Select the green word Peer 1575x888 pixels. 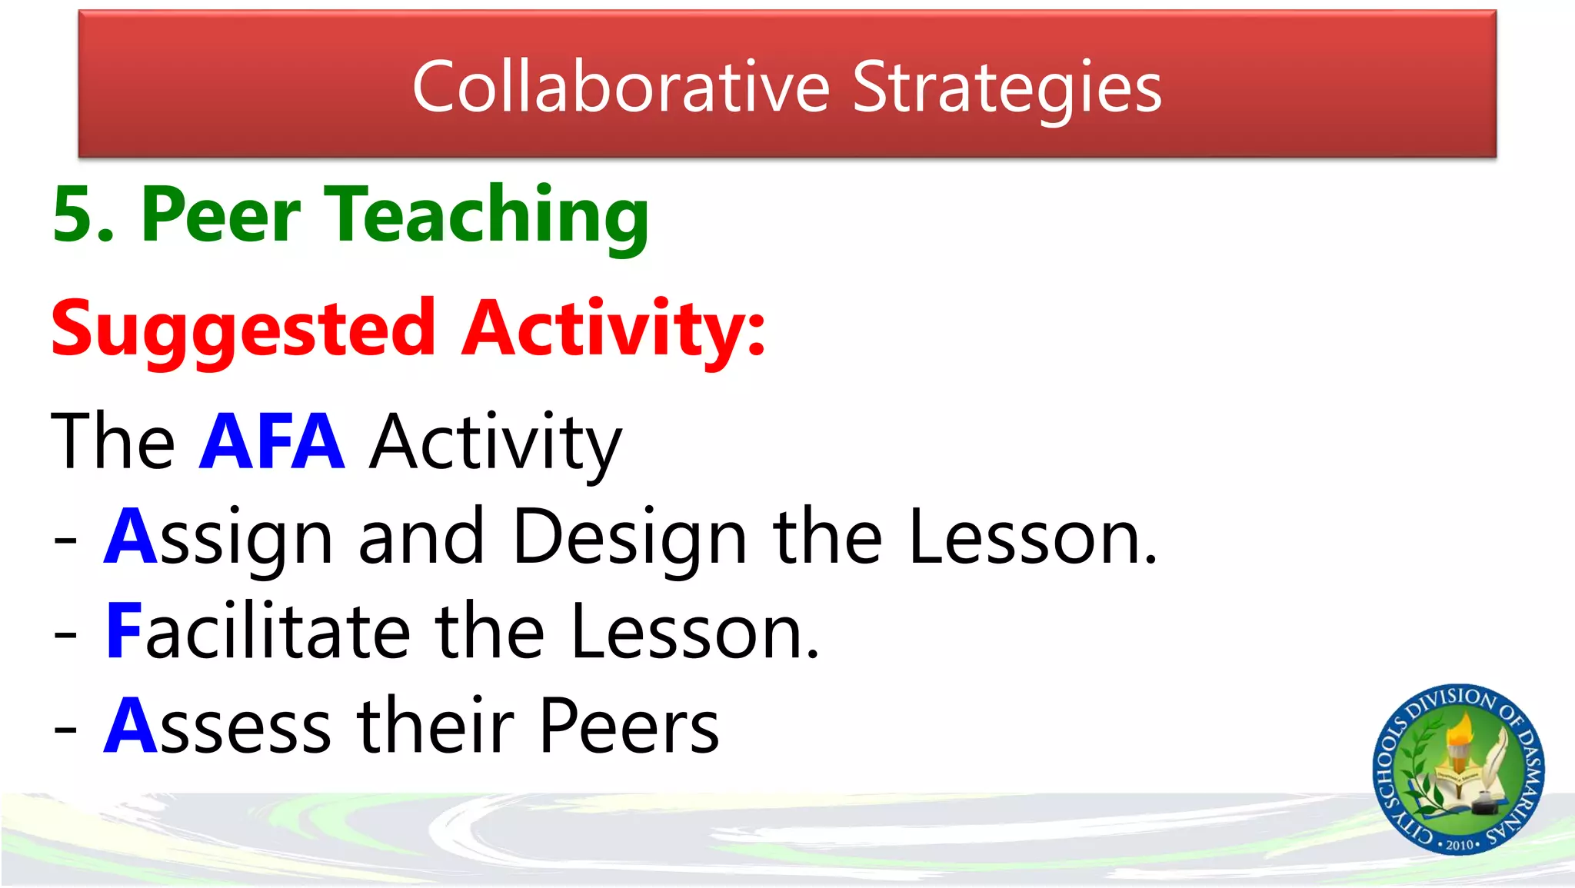click(x=221, y=215)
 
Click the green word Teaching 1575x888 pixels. click(x=488, y=216)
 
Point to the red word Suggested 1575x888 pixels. click(x=243, y=329)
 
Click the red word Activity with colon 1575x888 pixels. click(x=613, y=329)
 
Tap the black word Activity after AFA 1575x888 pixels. click(x=495, y=443)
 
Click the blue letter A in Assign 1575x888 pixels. click(x=131, y=536)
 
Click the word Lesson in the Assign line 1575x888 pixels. click(x=1031, y=537)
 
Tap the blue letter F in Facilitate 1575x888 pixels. click(x=123, y=631)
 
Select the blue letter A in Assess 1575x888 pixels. click(x=131, y=726)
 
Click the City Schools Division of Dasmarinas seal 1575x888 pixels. click(x=1458, y=769)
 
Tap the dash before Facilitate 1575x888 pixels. click(x=65, y=635)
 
